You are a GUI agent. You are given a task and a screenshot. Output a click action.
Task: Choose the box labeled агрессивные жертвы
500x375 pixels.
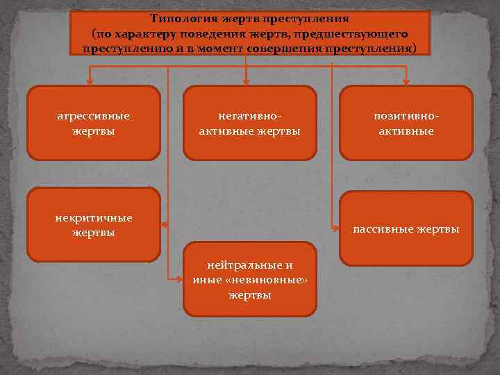pyautogui.click(x=94, y=123)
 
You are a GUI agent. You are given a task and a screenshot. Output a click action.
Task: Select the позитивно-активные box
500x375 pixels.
pyautogui.click(x=406, y=123)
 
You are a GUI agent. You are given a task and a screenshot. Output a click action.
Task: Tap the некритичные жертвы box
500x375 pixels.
pyautogui.click(x=94, y=224)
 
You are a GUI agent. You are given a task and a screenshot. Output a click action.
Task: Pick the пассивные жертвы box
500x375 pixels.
pyautogui.click(x=406, y=228)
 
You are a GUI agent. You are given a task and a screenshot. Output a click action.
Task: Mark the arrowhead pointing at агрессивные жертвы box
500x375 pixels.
pyautogui.click(x=90, y=78)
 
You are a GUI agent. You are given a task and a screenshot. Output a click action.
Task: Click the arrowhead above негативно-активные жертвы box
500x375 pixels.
pyautogui.click(x=246, y=78)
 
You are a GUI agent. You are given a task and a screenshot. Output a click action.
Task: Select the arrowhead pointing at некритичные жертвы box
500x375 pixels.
pyautogui.click(x=165, y=224)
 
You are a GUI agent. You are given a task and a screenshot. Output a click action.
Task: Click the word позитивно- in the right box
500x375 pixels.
pyautogui.click(x=406, y=116)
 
